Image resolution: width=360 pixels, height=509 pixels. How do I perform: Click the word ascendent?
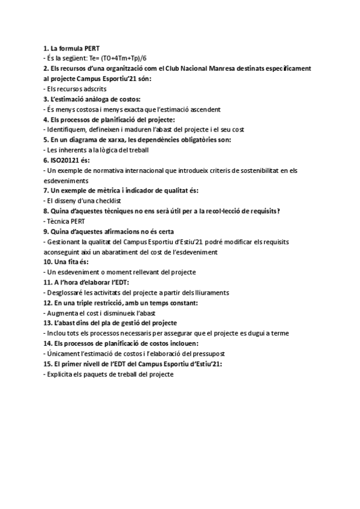[203, 109]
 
